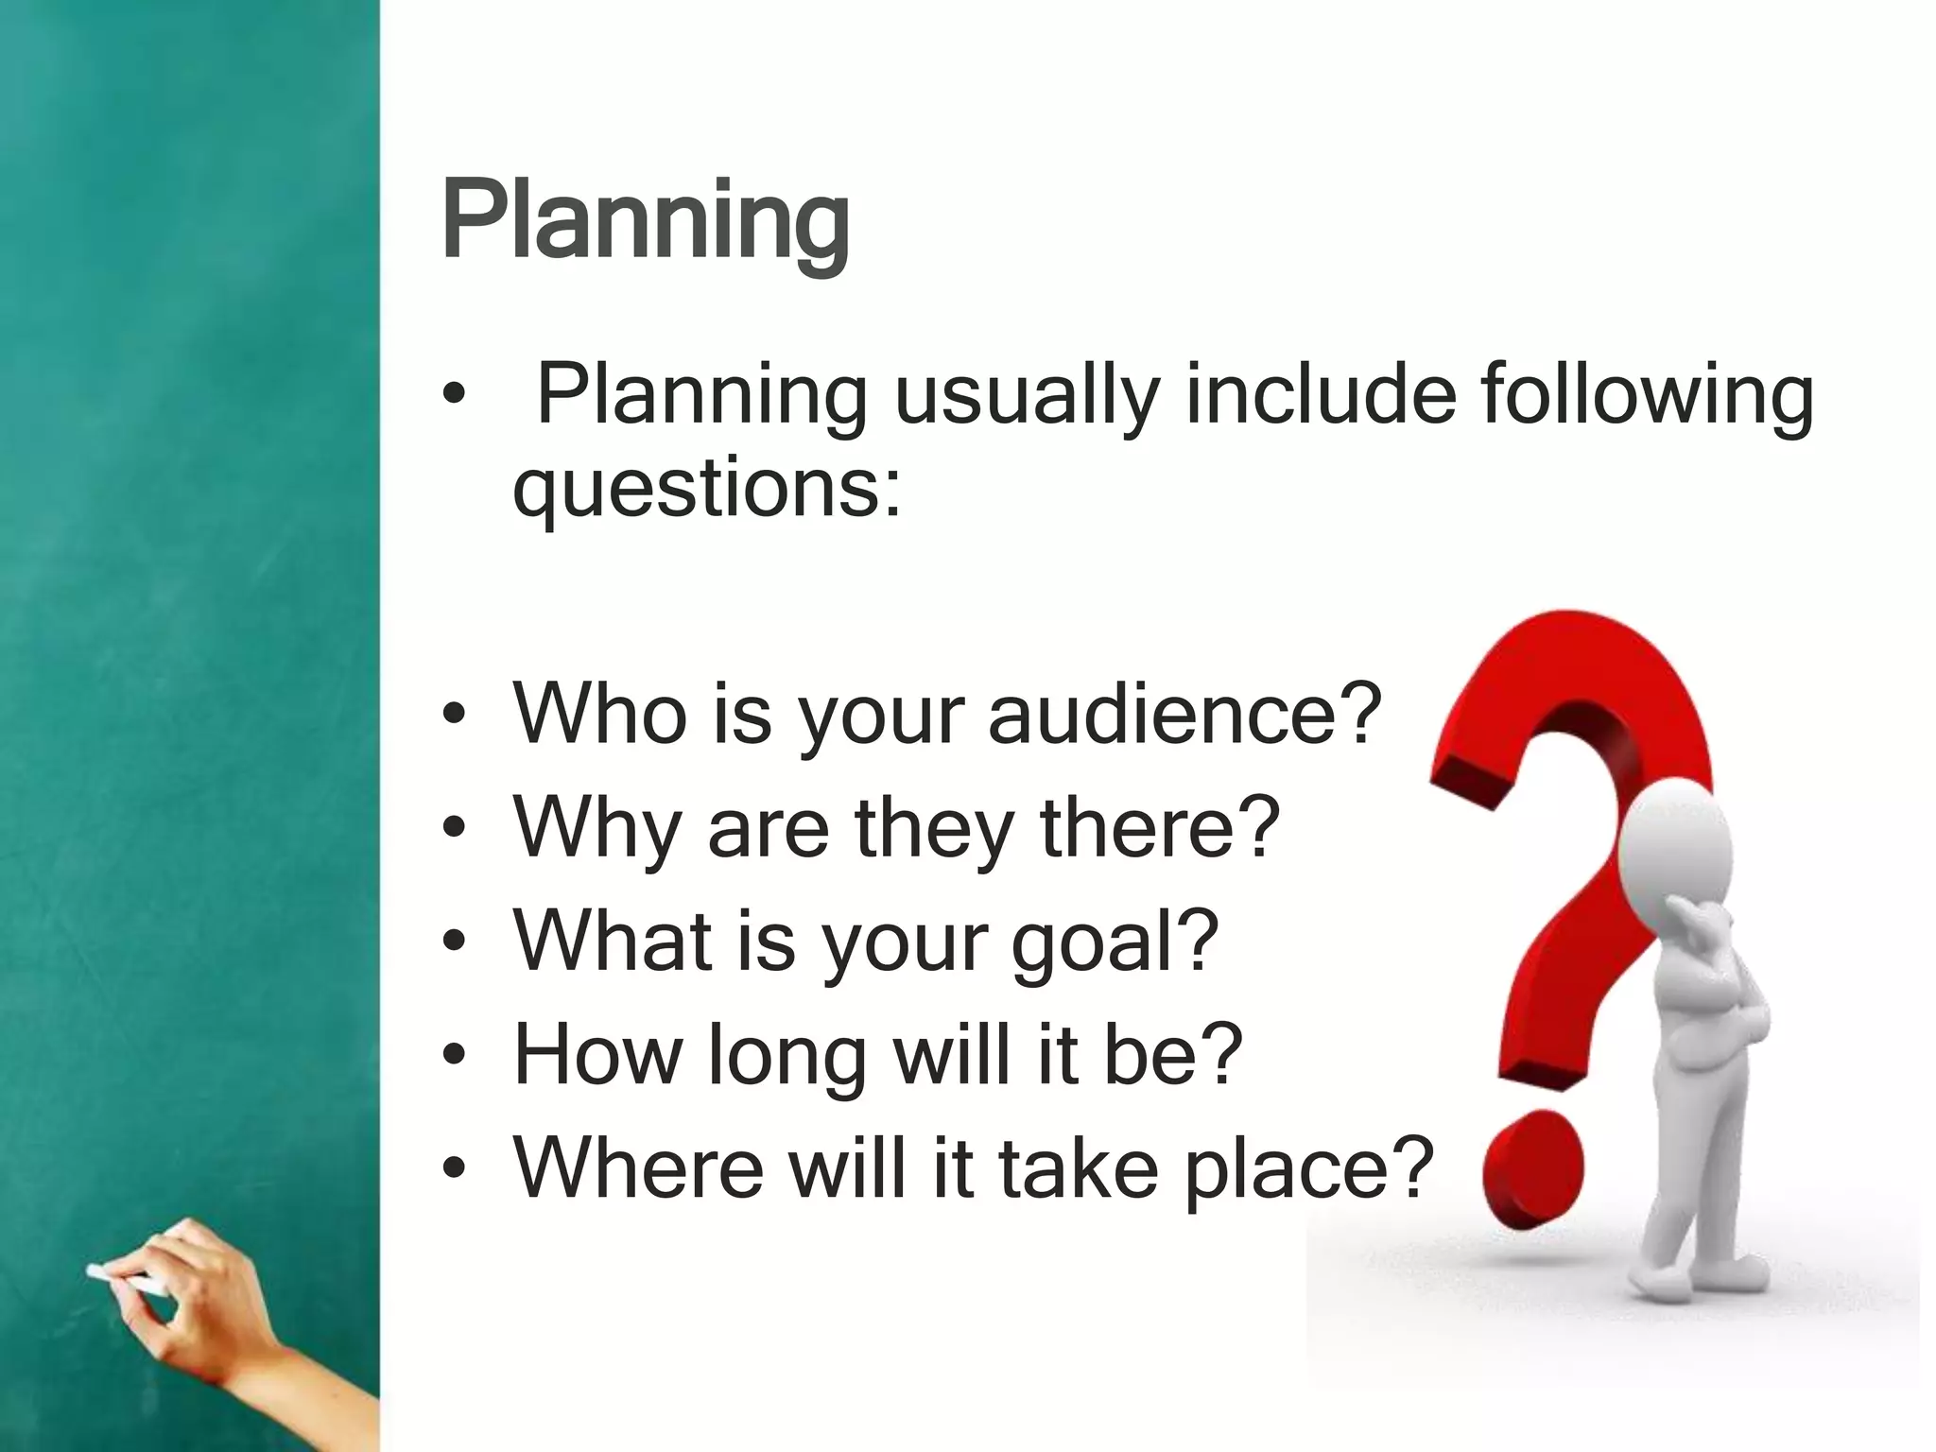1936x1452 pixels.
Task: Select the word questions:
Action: (x=706, y=491)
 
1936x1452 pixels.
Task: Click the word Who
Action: (x=600, y=714)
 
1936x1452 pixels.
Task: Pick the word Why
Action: (x=596, y=827)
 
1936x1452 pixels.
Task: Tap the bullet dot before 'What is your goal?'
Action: (x=455, y=942)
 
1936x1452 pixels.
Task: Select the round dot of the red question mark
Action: (x=1532, y=1167)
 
